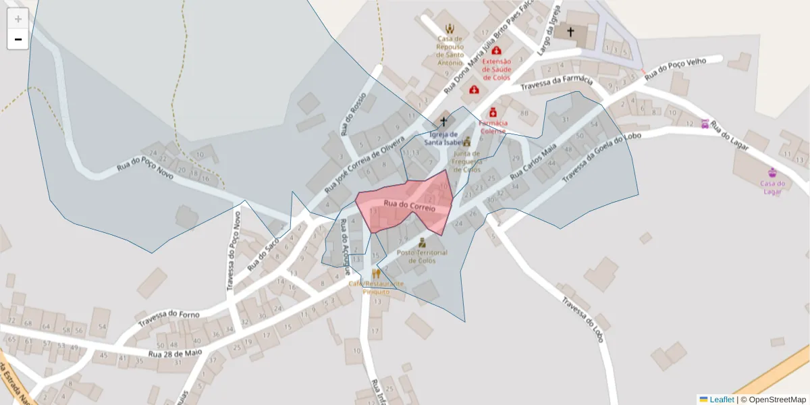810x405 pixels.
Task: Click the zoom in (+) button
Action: click(x=18, y=19)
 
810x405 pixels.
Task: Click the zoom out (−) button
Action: click(x=18, y=39)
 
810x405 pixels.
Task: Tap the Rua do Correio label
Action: click(x=410, y=205)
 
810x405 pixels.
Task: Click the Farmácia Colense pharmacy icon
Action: click(x=493, y=112)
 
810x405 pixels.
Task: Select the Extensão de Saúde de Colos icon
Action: click(x=497, y=51)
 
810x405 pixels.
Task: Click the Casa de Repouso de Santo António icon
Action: click(x=450, y=29)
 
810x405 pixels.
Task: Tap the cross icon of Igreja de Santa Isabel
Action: click(x=444, y=122)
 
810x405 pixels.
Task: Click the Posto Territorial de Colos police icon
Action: click(x=423, y=242)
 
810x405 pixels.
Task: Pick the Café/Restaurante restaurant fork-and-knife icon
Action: click(x=376, y=273)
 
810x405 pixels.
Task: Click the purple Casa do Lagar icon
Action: click(x=773, y=172)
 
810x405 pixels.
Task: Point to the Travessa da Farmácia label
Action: click(x=557, y=84)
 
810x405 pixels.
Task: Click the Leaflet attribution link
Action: click(x=722, y=400)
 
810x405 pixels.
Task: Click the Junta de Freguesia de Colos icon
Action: click(x=466, y=142)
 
